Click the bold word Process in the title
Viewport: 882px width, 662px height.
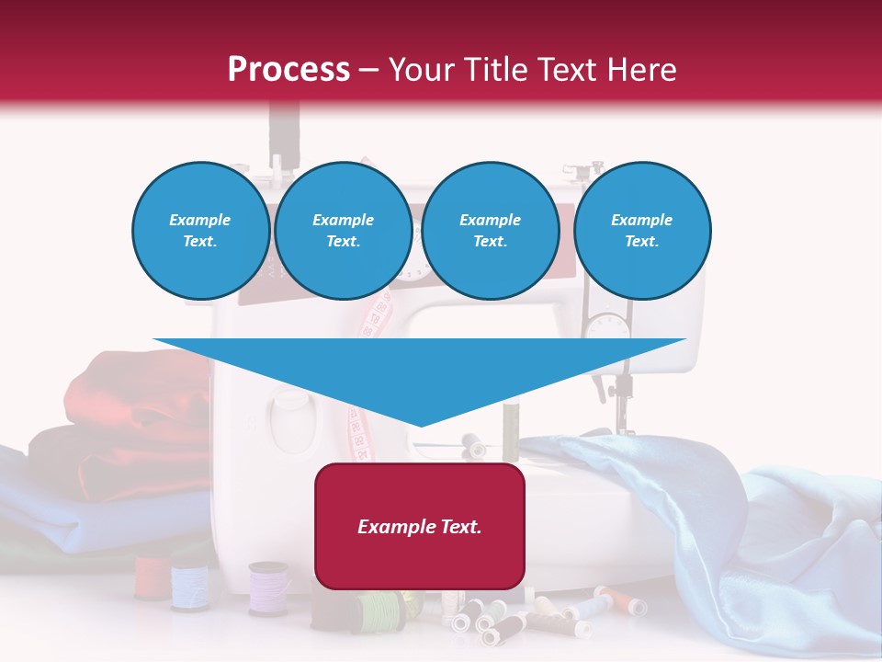click(x=288, y=70)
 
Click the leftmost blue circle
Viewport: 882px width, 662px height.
click(x=200, y=231)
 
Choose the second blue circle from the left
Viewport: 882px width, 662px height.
click(x=343, y=231)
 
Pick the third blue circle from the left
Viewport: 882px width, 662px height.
click(x=490, y=231)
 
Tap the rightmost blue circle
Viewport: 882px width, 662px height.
click(x=641, y=231)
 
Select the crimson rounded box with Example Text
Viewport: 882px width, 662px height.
click(x=420, y=525)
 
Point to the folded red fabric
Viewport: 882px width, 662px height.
click(x=138, y=395)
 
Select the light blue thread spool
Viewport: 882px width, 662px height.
click(x=190, y=585)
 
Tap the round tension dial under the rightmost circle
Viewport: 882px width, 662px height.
click(x=607, y=327)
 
